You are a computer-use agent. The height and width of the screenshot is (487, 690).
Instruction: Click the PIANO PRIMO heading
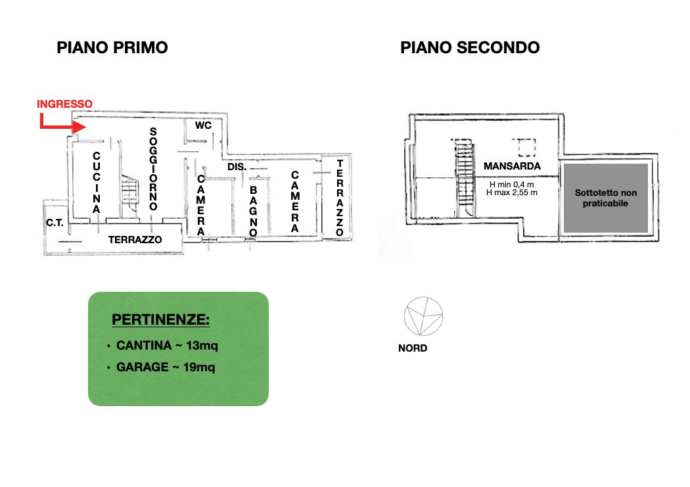click(x=112, y=47)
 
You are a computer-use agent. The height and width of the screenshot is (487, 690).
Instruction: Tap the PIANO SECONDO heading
click(x=470, y=47)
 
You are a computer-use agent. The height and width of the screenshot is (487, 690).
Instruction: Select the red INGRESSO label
click(x=64, y=104)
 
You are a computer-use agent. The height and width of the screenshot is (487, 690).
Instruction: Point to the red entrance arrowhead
click(x=80, y=127)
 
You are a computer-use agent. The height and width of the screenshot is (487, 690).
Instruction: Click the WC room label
click(x=203, y=126)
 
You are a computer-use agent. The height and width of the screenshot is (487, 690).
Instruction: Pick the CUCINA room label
click(x=97, y=183)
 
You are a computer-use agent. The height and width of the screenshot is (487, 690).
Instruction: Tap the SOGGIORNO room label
click(x=153, y=169)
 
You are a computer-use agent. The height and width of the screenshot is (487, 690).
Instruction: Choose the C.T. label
click(x=55, y=223)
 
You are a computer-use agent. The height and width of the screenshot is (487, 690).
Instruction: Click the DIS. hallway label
click(x=237, y=167)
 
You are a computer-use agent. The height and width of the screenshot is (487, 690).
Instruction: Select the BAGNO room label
click(x=253, y=212)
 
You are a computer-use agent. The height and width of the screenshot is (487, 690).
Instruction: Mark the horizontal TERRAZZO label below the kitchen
click(x=135, y=240)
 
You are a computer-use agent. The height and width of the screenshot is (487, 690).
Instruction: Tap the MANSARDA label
click(x=512, y=166)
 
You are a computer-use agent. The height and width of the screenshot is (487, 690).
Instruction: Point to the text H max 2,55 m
click(x=512, y=193)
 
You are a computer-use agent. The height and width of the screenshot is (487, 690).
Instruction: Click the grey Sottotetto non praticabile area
click(x=605, y=198)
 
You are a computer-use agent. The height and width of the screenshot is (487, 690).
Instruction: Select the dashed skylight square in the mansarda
click(x=524, y=148)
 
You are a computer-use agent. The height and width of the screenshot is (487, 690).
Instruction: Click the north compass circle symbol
click(x=423, y=316)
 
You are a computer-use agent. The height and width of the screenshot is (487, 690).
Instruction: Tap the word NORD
click(x=413, y=348)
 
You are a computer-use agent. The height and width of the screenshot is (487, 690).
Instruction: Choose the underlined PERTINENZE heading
click(x=160, y=319)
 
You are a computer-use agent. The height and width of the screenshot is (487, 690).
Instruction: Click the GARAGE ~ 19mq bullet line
click(x=162, y=367)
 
